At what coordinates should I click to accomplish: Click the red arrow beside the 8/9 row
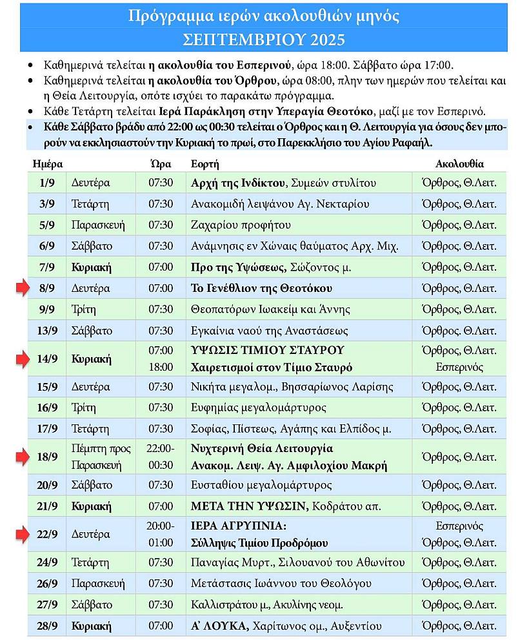(x=23, y=288)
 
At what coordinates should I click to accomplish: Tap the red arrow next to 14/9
(x=23, y=358)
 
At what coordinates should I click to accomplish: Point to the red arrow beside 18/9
(x=23, y=457)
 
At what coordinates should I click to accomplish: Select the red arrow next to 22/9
(x=23, y=534)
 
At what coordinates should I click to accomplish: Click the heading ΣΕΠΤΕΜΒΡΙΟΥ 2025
(x=264, y=39)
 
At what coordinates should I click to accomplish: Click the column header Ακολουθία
(x=459, y=164)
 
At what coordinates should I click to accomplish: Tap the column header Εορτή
(x=205, y=164)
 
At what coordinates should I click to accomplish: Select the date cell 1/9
(x=47, y=183)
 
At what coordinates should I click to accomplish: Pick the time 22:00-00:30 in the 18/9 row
(x=161, y=457)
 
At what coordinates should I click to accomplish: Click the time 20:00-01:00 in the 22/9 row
(x=161, y=534)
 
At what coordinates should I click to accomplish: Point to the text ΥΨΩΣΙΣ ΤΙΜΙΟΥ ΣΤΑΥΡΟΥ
(x=268, y=350)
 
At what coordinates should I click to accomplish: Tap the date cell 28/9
(x=47, y=626)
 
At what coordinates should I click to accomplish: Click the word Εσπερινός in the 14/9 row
(x=459, y=367)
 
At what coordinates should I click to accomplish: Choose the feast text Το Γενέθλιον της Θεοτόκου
(x=261, y=288)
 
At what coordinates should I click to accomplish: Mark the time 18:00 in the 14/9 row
(x=161, y=367)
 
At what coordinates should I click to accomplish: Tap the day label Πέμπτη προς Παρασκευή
(x=100, y=457)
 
